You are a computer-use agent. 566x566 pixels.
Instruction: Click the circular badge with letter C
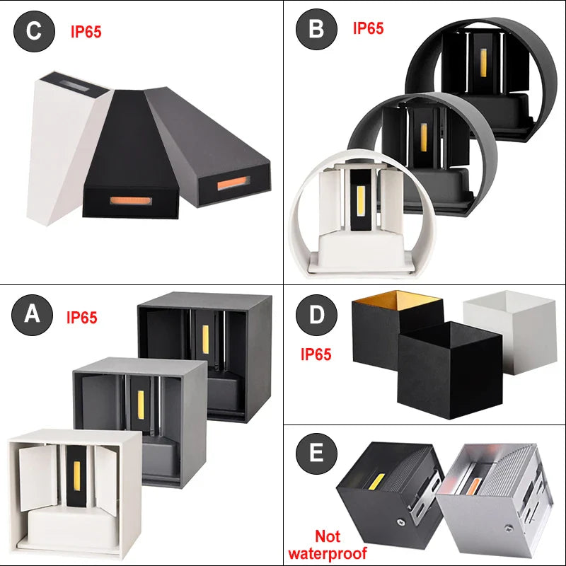(x=34, y=31)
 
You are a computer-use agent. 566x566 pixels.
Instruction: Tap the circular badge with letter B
(x=316, y=29)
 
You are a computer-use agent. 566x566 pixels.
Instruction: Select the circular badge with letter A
(x=32, y=314)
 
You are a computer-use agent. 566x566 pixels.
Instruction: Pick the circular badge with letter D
(x=316, y=315)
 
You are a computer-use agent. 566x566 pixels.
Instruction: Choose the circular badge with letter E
(x=316, y=454)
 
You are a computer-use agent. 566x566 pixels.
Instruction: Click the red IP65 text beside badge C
(x=86, y=32)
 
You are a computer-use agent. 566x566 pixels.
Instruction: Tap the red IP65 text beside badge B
(x=368, y=28)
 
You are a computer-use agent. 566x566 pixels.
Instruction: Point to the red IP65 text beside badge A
(x=82, y=317)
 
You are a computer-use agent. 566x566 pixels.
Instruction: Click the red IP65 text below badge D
(x=316, y=354)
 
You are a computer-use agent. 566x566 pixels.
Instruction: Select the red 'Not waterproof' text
(x=328, y=544)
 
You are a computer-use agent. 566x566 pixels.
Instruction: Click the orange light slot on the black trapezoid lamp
(x=131, y=201)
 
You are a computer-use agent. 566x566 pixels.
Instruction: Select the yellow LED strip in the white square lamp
(x=76, y=475)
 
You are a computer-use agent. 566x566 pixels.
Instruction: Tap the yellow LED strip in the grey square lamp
(x=140, y=405)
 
